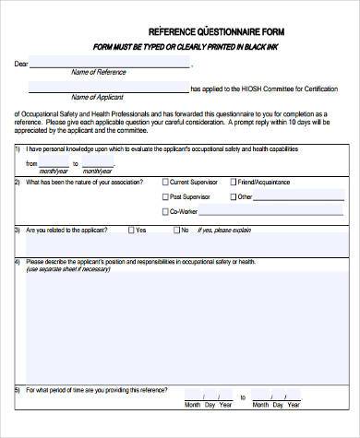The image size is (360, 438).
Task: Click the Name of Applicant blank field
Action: click(x=108, y=89)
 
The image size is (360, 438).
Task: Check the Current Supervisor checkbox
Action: click(x=165, y=183)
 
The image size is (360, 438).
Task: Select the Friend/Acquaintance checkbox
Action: click(x=230, y=183)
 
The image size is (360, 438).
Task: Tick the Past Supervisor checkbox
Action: click(x=165, y=196)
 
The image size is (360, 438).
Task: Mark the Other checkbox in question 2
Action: click(x=230, y=196)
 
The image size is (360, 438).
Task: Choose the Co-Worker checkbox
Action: click(x=165, y=211)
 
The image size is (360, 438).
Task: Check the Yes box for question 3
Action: click(x=131, y=230)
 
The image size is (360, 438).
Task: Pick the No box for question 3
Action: click(x=174, y=230)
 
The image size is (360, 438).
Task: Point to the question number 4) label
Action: click(x=18, y=262)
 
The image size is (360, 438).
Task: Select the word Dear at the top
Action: click(x=21, y=65)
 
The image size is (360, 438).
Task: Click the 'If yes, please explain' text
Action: click(x=228, y=231)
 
